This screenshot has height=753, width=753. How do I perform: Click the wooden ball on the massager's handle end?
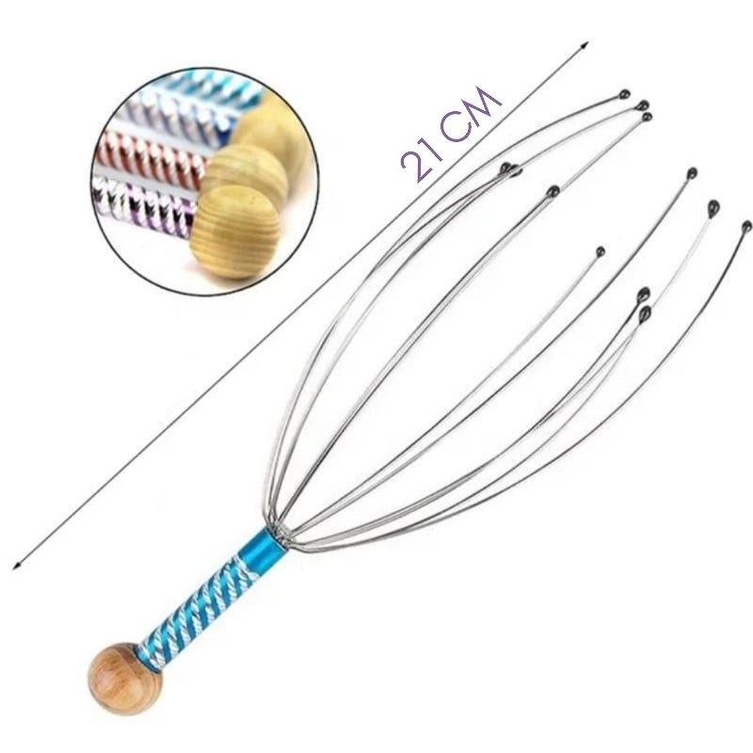click(125, 678)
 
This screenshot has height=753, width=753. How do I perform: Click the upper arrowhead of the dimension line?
click(584, 44)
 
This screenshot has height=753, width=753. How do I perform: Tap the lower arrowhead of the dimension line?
click(17, 565)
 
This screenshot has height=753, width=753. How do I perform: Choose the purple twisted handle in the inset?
click(144, 205)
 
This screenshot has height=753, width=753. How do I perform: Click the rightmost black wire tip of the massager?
click(746, 227)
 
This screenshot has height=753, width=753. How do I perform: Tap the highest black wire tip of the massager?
click(624, 94)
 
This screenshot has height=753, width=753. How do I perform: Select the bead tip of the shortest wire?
click(601, 251)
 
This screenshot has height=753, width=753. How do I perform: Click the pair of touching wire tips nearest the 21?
click(510, 169)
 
